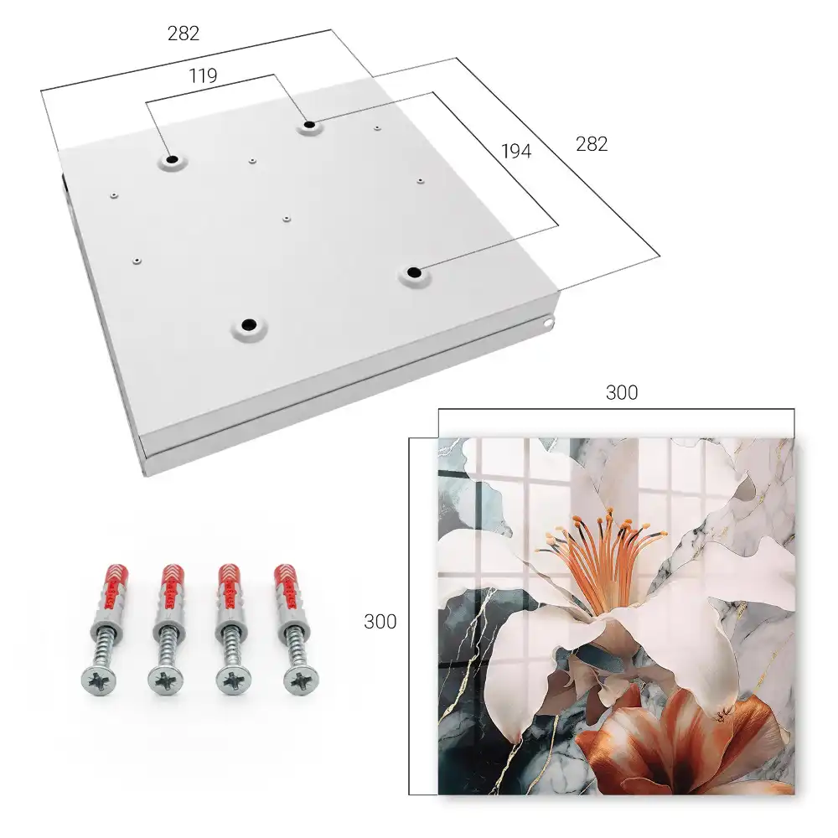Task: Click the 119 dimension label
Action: (203, 75)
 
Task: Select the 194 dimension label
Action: (516, 151)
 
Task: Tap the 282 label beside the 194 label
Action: (592, 144)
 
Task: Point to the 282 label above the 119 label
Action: (184, 34)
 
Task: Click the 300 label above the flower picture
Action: (622, 392)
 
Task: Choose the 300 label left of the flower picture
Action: (380, 621)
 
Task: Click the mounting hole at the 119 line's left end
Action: (172, 159)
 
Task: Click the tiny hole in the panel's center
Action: (287, 219)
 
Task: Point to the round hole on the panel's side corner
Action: (548, 323)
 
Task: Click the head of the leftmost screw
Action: (99, 680)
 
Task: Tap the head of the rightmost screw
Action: (300, 680)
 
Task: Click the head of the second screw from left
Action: (164, 680)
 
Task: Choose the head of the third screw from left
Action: (233, 680)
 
